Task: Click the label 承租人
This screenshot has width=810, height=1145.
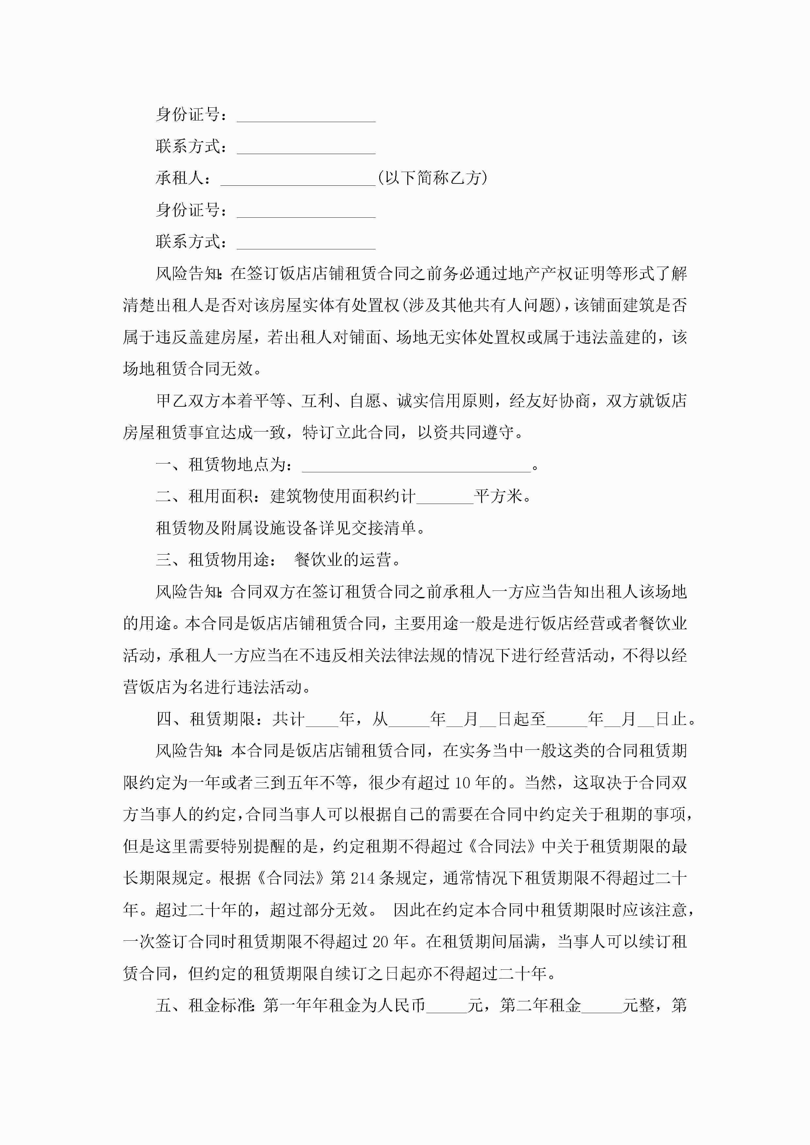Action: point(180,178)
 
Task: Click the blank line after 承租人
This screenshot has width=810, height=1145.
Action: point(298,180)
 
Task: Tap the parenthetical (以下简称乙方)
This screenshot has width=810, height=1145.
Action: point(432,178)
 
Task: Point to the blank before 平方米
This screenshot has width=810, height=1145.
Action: point(445,498)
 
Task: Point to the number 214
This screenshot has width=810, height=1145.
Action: point(362,878)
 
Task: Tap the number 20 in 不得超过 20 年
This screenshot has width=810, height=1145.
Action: point(380,942)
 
